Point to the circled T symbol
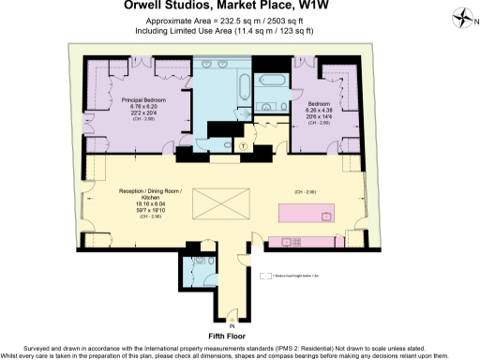click(x=243, y=146)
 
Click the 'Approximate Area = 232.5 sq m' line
click(x=206, y=19)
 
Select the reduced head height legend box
click(x=279, y=276)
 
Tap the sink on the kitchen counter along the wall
click(x=325, y=217)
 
